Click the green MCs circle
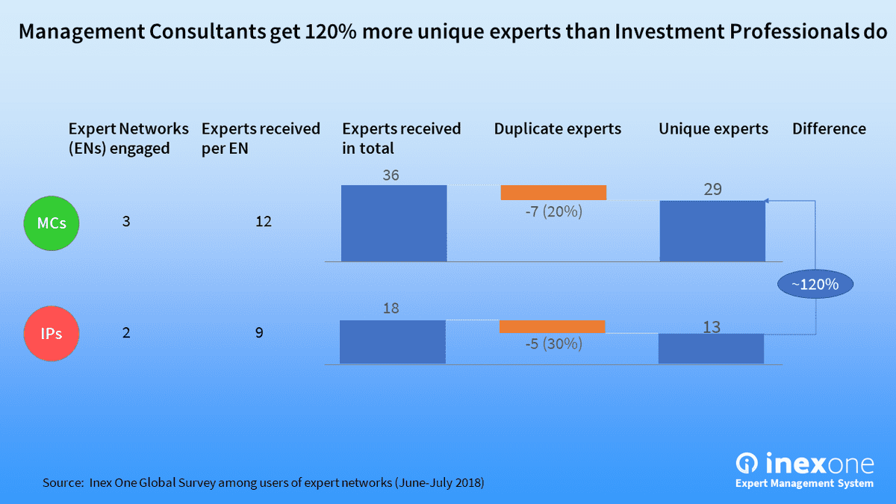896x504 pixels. click(x=52, y=223)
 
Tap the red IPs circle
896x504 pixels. click(x=52, y=333)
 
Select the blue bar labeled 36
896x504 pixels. click(x=393, y=223)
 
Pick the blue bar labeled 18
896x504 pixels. click(x=392, y=342)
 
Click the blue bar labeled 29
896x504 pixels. click(x=712, y=231)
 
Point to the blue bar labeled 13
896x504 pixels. click(x=711, y=349)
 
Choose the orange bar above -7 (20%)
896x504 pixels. click(x=553, y=193)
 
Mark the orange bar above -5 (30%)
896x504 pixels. click(x=552, y=326)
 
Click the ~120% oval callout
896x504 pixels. click(x=815, y=284)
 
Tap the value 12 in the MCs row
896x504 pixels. click(x=263, y=223)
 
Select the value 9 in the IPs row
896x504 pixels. click(x=259, y=333)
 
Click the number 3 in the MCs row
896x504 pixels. click(x=126, y=223)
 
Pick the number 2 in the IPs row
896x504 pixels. click(x=126, y=333)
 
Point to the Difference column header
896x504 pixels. click(x=829, y=129)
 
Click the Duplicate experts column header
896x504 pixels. click(x=557, y=129)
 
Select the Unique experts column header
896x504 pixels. click(x=713, y=129)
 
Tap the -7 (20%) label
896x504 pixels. click(x=553, y=212)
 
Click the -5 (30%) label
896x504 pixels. click(x=553, y=345)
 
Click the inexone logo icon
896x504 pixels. click(x=747, y=463)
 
